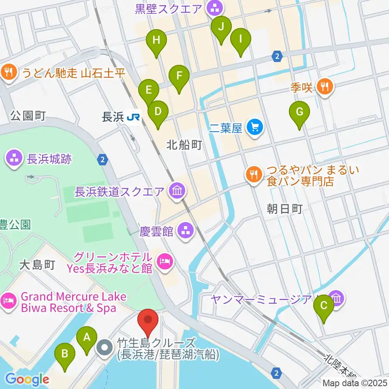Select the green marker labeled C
[x=324, y=306]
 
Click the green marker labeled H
[x=156, y=41]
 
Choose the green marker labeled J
[x=221, y=28]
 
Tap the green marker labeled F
[x=179, y=76]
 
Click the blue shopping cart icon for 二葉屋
[x=255, y=128]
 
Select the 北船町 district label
[x=184, y=145]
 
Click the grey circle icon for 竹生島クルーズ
[x=105, y=348]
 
